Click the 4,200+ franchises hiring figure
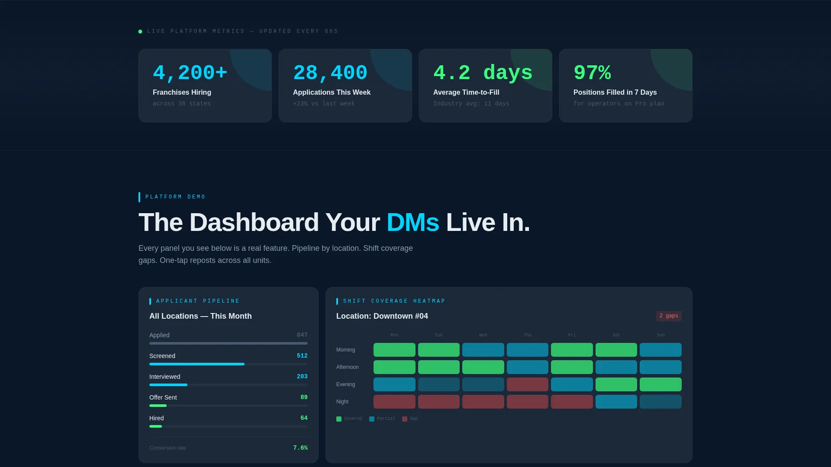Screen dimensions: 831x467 coord(190,73)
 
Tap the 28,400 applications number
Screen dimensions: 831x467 coord(330,73)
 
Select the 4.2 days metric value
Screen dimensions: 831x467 coord(483,73)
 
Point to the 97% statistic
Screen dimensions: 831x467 coord(592,73)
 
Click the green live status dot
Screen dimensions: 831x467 coord(140,32)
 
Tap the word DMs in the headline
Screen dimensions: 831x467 coord(413,222)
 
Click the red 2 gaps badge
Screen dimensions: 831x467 coord(669,316)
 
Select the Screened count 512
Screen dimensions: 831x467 coord(302,356)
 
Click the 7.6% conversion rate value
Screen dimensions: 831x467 coord(300,448)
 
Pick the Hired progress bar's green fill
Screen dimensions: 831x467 coord(155,426)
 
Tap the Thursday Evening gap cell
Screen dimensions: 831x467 coord(528,384)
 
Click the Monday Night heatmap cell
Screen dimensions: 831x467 coord(394,402)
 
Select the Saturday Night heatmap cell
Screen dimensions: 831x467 coord(616,402)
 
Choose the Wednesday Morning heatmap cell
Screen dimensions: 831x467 coord(483,350)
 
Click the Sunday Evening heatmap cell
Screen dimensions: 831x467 coord(660,384)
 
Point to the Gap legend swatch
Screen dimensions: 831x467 coord(405,419)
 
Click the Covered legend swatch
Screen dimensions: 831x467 coord(339,419)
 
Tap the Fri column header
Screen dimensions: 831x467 coord(572,335)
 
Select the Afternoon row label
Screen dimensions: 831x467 coord(348,367)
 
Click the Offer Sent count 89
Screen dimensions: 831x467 coord(304,397)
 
